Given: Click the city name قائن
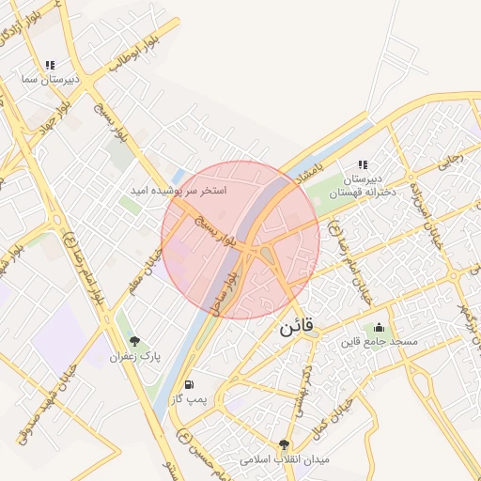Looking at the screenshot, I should pyautogui.click(x=300, y=331).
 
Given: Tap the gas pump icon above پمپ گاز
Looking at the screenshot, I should pyautogui.click(x=190, y=383).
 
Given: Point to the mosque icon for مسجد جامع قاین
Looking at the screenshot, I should pyautogui.click(x=379, y=327).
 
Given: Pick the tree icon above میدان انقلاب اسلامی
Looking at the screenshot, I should pyautogui.click(x=284, y=444).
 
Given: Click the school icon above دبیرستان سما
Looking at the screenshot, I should pyautogui.click(x=50, y=65).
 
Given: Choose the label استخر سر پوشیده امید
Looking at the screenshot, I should pyautogui.click(x=178, y=191).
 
